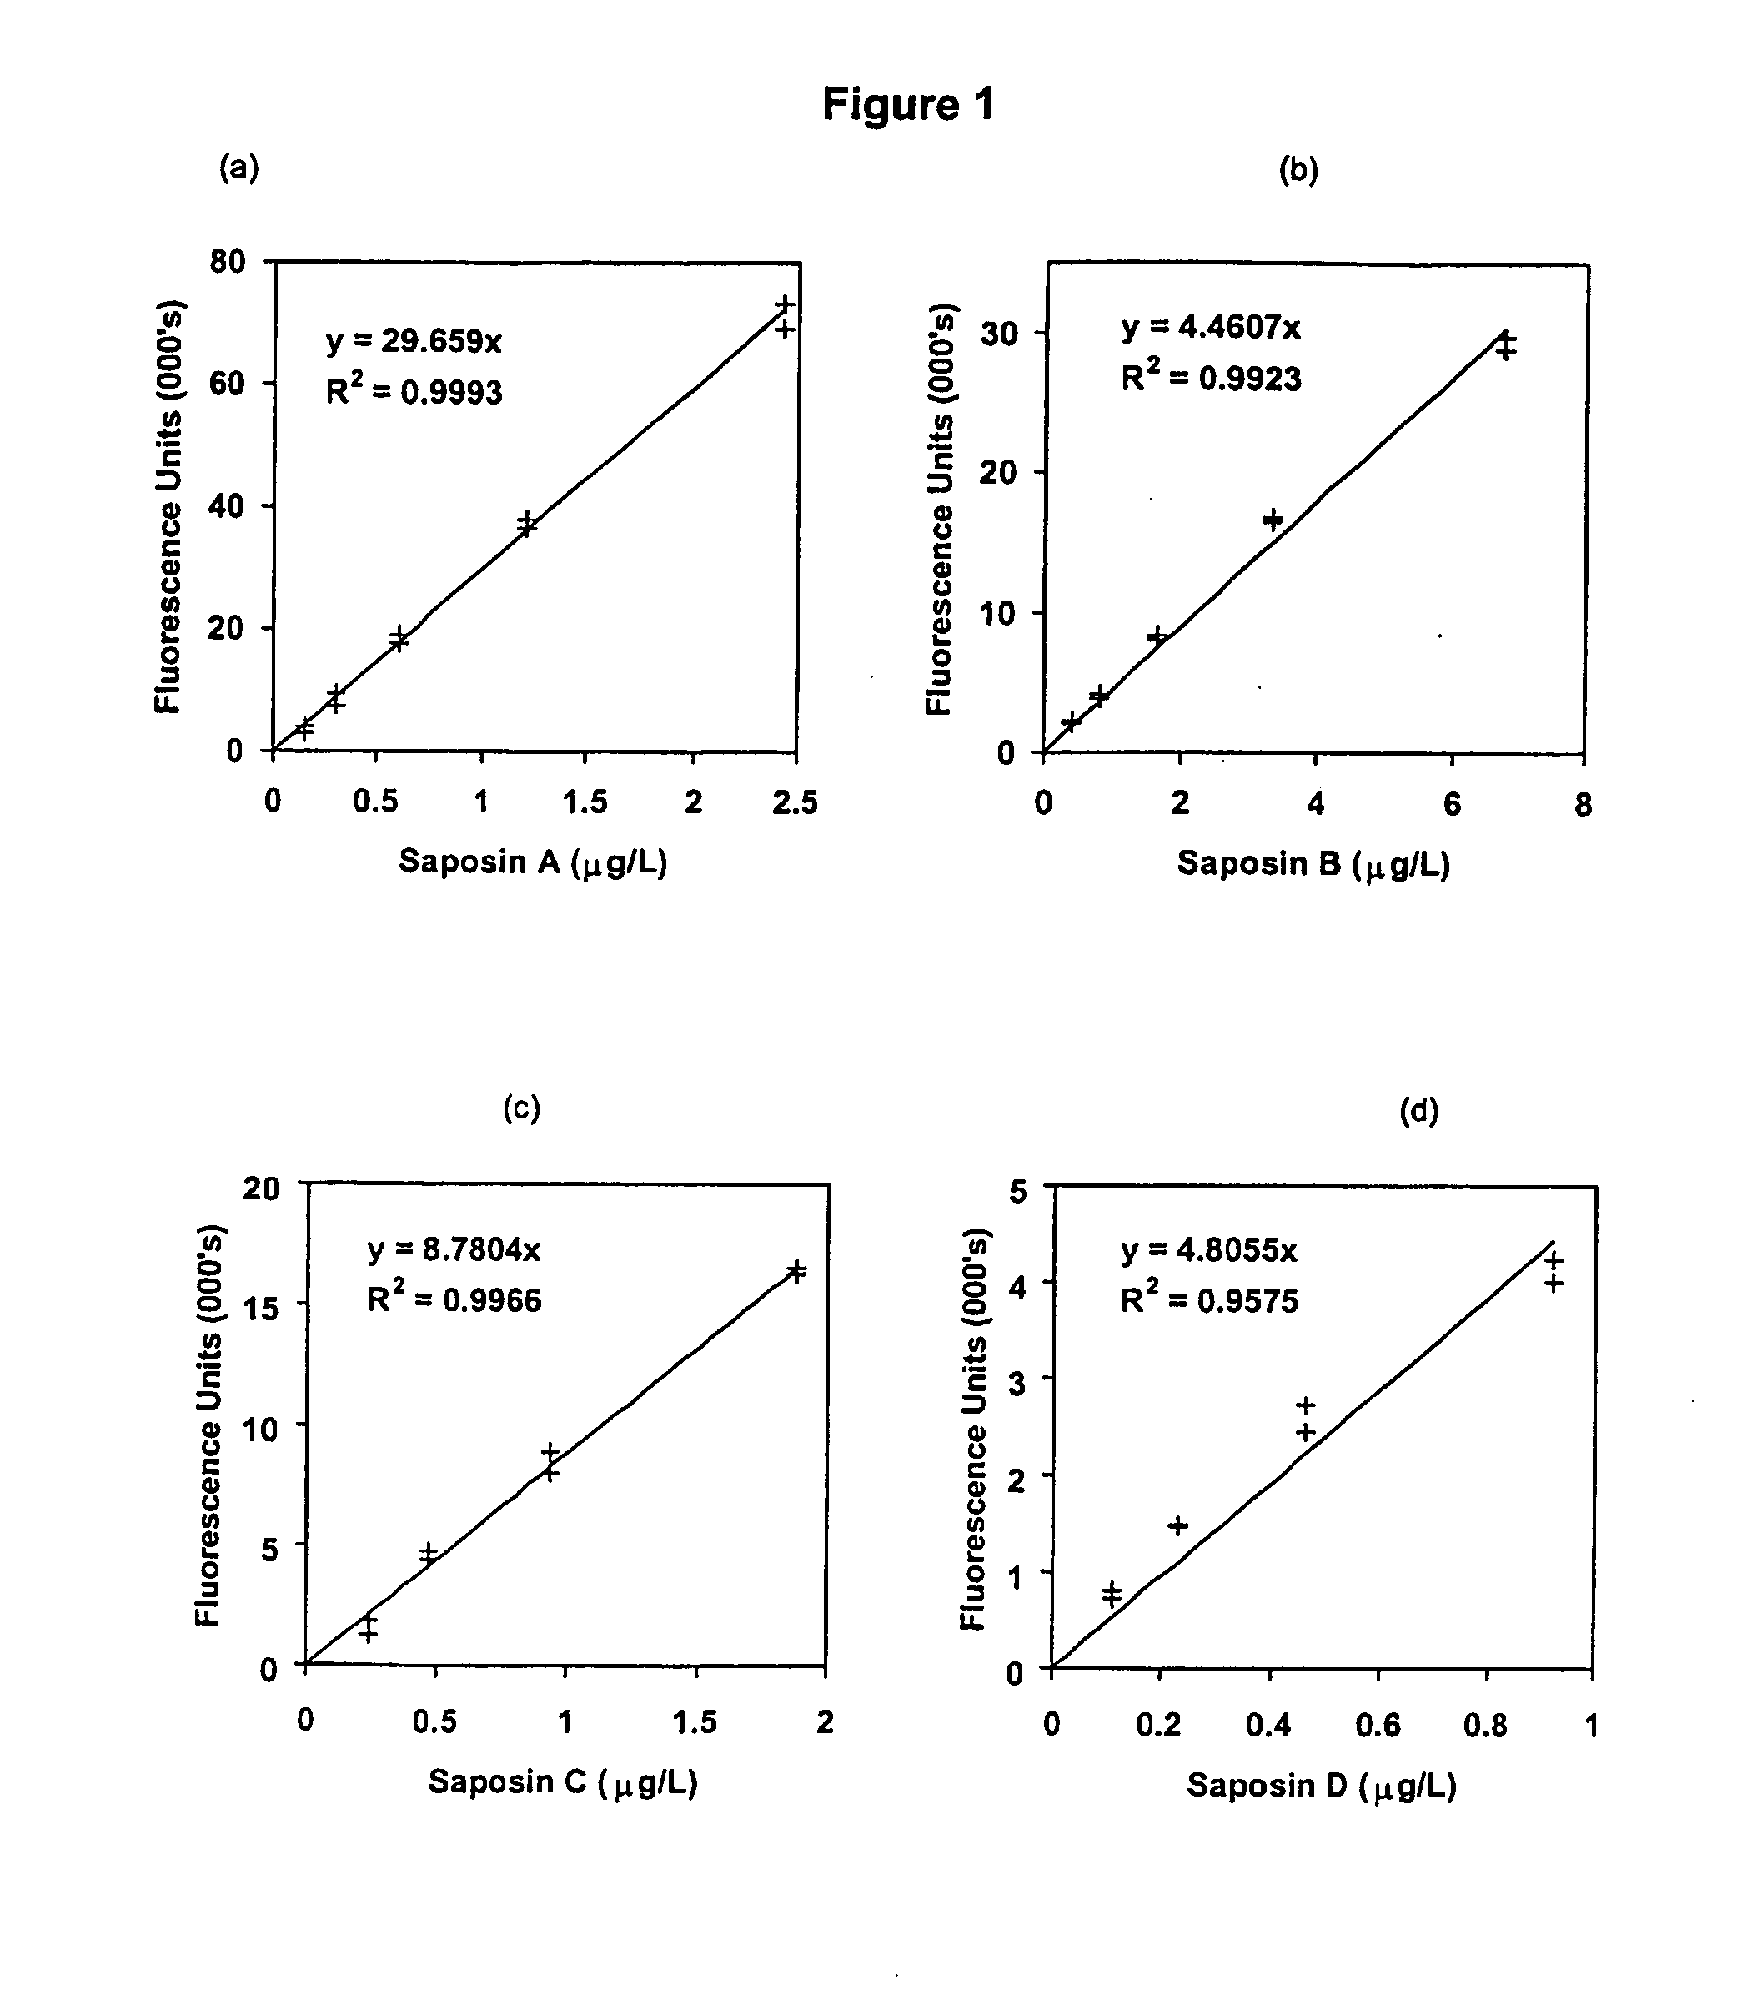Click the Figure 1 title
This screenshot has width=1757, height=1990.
coord(908,104)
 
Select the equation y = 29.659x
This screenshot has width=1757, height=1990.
coord(414,341)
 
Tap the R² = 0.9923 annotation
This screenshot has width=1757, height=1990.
coord(1210,377)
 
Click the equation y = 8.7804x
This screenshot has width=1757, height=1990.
coord(454,1249)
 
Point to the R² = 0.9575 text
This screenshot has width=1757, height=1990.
coord(1209,1301)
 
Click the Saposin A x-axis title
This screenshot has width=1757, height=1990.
coord(534,862)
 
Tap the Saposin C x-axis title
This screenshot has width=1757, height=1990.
coord(563,1781)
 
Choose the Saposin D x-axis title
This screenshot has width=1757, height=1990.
coord(1321,1786)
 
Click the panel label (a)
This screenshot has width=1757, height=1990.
coord(239,168)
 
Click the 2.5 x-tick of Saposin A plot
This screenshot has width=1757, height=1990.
coord(796,802)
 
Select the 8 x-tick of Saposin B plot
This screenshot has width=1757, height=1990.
coord(1583,804)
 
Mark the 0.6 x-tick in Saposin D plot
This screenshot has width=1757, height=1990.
coord(1378,1725)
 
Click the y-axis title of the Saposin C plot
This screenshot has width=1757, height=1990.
coord(208,1425)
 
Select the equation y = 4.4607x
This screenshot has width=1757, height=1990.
coord(1210,326)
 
